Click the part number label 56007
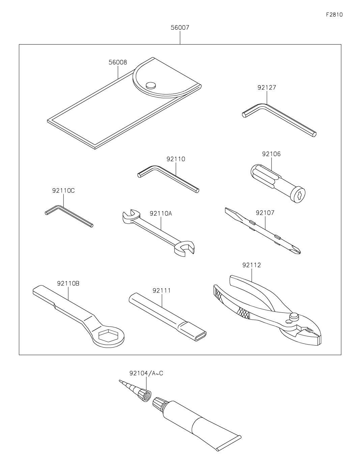(180, 28)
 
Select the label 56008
(118, 62)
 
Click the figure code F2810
(334, 15)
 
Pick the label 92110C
(63, 191)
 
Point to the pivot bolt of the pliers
(294, 317)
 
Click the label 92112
(252, 265)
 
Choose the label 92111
(162, 291)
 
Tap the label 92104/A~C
(146, 373)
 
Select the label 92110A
(161, 213)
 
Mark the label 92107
(265, 213)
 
